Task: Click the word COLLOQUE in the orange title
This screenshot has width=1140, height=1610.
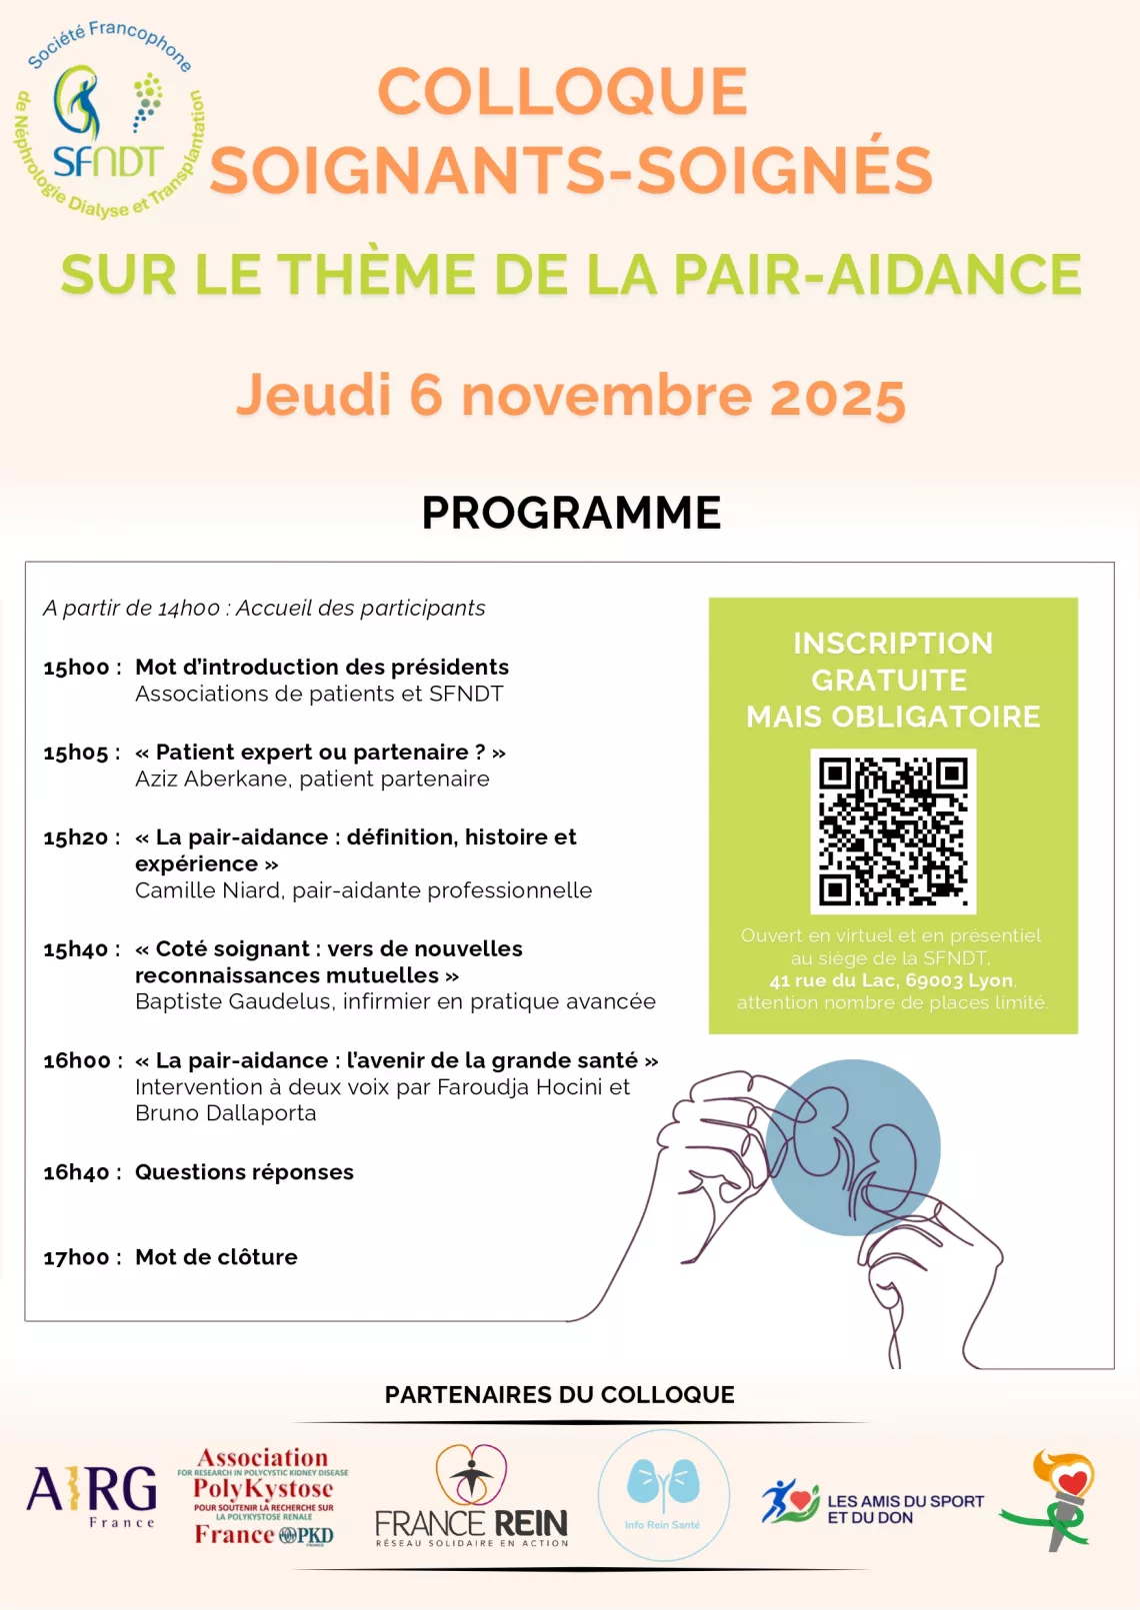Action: (562, 92)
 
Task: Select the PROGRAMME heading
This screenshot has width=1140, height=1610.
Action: (571, 514)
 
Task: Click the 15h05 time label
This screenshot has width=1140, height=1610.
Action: (76, 753)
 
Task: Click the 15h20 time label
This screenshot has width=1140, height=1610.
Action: (76, 837)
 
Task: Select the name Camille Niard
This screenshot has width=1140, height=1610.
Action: (207, 890)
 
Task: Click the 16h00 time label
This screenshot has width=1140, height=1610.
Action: (77, 1060)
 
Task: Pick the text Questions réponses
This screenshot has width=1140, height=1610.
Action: (244, 1172)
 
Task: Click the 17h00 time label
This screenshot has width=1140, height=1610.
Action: (76, 1257)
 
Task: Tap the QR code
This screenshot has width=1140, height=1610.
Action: (893, 831)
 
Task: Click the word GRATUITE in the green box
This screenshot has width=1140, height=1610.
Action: (889, 681)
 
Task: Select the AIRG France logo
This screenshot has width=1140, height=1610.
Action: (93, 1495)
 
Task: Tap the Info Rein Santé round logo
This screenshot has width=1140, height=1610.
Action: (663, 1495)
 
